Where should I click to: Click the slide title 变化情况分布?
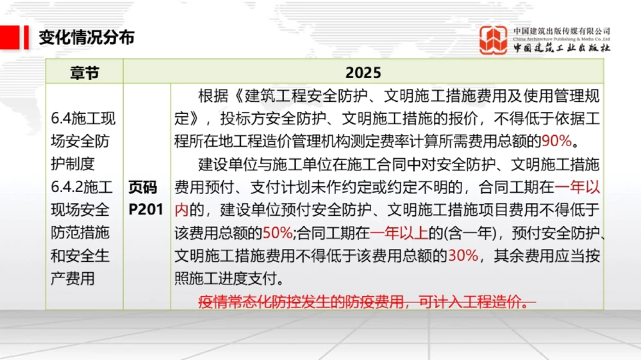tap(87, 37)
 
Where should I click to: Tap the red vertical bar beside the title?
tap(26, 37)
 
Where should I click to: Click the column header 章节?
tap(84, 72)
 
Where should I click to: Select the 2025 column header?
tap(363, 72)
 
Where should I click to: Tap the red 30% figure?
tap(463, 256)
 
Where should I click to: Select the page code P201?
tap(146, 209)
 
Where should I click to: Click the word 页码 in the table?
tap(142, 187)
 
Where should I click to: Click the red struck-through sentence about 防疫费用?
tap(367, 301)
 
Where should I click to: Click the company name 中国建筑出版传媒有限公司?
tap(562, 31)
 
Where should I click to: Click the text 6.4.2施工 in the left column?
tap(81, 187)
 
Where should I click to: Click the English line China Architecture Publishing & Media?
tap(562, 39)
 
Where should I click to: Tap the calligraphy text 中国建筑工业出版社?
tap(562, 49)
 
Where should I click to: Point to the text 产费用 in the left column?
tap(72, 279)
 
